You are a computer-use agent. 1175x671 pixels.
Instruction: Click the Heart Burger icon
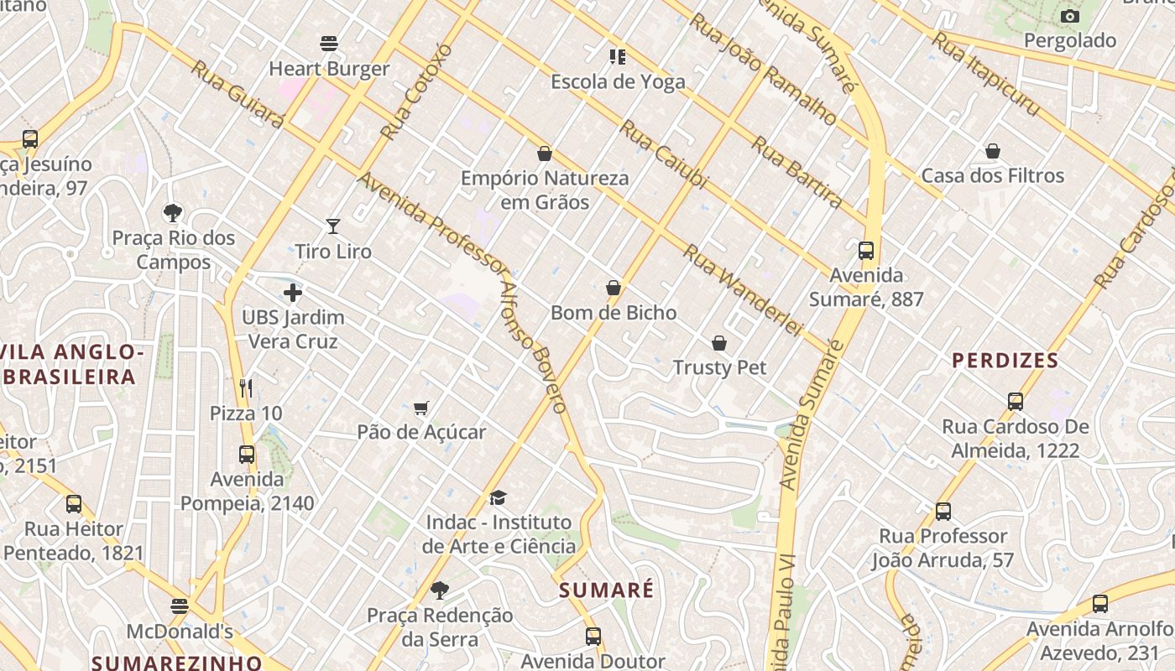click(x=329, y=43)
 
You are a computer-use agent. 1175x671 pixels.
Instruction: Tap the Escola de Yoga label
click(x=618, y=81)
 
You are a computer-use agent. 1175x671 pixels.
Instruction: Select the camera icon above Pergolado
click(x=1069, y=16)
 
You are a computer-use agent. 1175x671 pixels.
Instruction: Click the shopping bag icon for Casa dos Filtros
click(x=993, y=151)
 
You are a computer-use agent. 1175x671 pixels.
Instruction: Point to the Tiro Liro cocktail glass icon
click(x=333, y=226)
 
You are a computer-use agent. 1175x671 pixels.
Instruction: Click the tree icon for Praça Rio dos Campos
click(x=173, y=212)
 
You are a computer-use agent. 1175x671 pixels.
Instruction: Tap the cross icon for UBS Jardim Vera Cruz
click(x=293, y=293)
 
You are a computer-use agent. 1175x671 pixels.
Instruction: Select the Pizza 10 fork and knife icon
click(x=246, y=388)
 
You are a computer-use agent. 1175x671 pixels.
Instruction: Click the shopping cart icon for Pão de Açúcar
click(x=421, y=408)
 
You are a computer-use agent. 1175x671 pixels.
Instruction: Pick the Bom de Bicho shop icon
click(x=614, y=288)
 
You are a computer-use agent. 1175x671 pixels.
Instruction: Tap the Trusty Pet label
click(x=719, y=367)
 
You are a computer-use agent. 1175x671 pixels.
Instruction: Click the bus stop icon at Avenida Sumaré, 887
click(x=866, y=250)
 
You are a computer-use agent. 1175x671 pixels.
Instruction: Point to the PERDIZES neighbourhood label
click(x=1005, y=361)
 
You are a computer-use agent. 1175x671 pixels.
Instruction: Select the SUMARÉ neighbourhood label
click(x=606, y=590)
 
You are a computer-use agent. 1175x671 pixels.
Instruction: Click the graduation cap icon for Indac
click(x=499, y=498)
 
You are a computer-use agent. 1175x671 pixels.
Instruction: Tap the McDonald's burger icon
click(x=180, y=606)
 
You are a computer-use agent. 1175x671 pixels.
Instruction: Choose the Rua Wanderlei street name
click(x=742, y=289)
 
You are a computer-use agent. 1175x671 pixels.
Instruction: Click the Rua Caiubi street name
click(x=664, y=154)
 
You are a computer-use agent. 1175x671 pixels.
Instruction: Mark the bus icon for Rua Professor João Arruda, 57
click(x=943, y=511)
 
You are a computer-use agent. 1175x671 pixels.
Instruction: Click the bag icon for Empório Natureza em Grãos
click(x=545, y=153)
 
